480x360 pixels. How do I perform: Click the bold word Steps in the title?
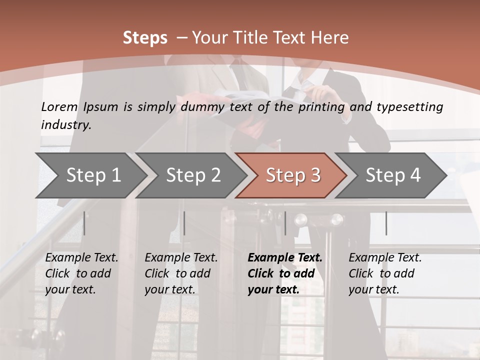coord(145,38)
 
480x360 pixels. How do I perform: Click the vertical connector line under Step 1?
coord(84,223)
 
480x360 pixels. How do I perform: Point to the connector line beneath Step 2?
coord(184,223)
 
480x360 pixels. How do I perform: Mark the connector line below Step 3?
coord(285,223)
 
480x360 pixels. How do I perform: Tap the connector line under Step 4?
coord(386,223)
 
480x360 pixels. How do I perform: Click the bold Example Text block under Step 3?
coord(285,273)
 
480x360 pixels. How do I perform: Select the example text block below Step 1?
coord(81,273)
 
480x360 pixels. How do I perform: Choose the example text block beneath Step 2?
coord(181,273)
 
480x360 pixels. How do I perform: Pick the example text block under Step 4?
coord(385,273)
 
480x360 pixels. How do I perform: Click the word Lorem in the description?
coord(59,106)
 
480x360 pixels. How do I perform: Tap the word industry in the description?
coord(65,125)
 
